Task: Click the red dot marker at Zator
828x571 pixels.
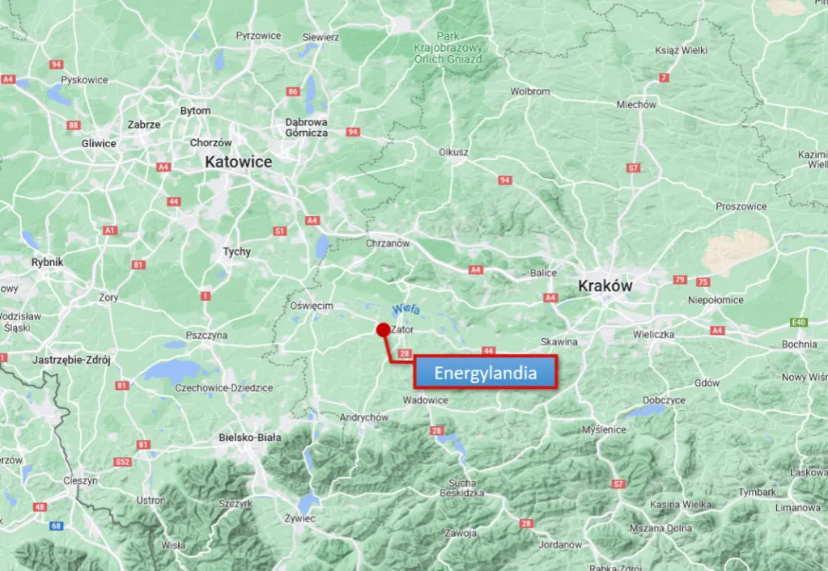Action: coord(383,329)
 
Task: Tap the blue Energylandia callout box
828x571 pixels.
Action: coord(486,373)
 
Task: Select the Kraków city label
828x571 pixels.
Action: coord(605,286)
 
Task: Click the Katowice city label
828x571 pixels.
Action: coord(238,162)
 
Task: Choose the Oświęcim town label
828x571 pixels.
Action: coord(312,305)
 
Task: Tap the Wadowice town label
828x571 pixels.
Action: coord(425,400)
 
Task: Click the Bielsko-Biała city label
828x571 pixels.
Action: coord(250,438)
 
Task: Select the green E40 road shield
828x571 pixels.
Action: coord(799,322)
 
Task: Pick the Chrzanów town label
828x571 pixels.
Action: coord(389,243)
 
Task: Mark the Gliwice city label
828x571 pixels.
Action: coord(99,143)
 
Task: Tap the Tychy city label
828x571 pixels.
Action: coord(237,252)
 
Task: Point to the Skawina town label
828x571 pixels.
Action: coord(559,342)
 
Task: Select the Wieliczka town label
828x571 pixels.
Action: coord(654,334)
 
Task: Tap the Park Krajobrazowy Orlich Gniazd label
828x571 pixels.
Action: coord(448,49)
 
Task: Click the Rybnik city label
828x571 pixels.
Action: coord(47,262)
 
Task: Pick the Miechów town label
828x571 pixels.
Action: coord(636,104)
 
